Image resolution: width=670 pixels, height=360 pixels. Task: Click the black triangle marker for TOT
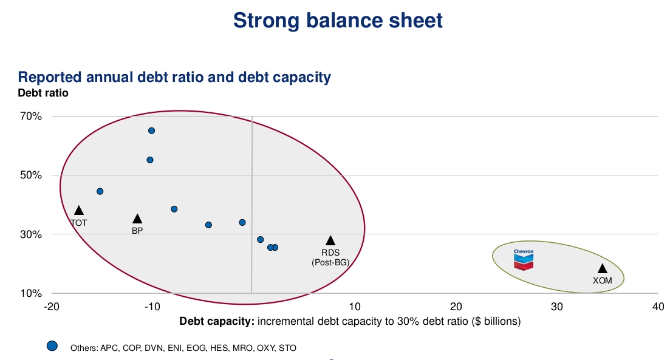point(79,211)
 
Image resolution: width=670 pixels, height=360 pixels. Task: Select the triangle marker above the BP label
point(137,219)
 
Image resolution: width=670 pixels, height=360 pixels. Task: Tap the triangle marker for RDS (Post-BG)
point(330,241)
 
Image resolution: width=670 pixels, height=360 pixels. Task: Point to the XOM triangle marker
point(603,269)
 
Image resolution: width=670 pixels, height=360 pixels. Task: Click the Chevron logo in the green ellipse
point(524,259)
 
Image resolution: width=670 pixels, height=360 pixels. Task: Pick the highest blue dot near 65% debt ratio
point(152,131)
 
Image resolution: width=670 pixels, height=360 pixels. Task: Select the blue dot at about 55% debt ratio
point(150,160)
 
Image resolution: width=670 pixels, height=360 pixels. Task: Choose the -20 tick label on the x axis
point(52,307)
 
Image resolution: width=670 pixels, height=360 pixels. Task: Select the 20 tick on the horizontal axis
point(456,307)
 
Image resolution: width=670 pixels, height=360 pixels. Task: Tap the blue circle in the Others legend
point(52,346)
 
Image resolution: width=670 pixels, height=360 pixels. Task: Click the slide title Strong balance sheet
point(338,21)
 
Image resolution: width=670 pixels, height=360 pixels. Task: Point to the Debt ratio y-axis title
point(43,93)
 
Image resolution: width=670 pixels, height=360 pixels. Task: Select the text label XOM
point(602,280)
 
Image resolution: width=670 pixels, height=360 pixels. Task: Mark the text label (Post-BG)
point(330,262)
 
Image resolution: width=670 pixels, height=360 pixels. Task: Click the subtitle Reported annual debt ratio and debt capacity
point(174,77)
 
